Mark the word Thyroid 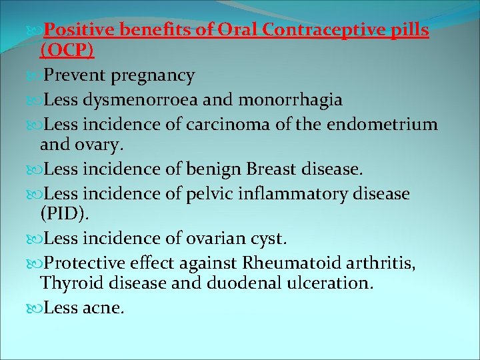(71, 283)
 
